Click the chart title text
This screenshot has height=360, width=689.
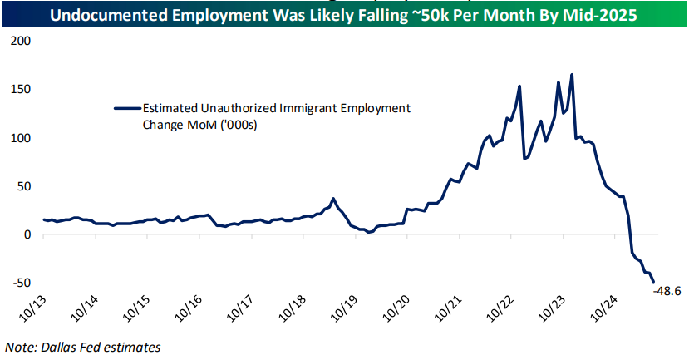click(344, 13)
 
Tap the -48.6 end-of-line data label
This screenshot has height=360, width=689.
click(668, 291)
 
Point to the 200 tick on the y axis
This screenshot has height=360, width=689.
click(20, 41)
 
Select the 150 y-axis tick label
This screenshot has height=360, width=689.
click(20, 89)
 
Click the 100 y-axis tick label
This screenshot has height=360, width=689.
click(20, 137)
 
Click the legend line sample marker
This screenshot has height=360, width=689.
click(126, 107)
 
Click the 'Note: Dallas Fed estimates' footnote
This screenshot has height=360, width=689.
click(83, 347)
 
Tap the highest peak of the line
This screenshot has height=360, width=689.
click(572, 75)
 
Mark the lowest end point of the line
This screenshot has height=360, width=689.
click(652, 281)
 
